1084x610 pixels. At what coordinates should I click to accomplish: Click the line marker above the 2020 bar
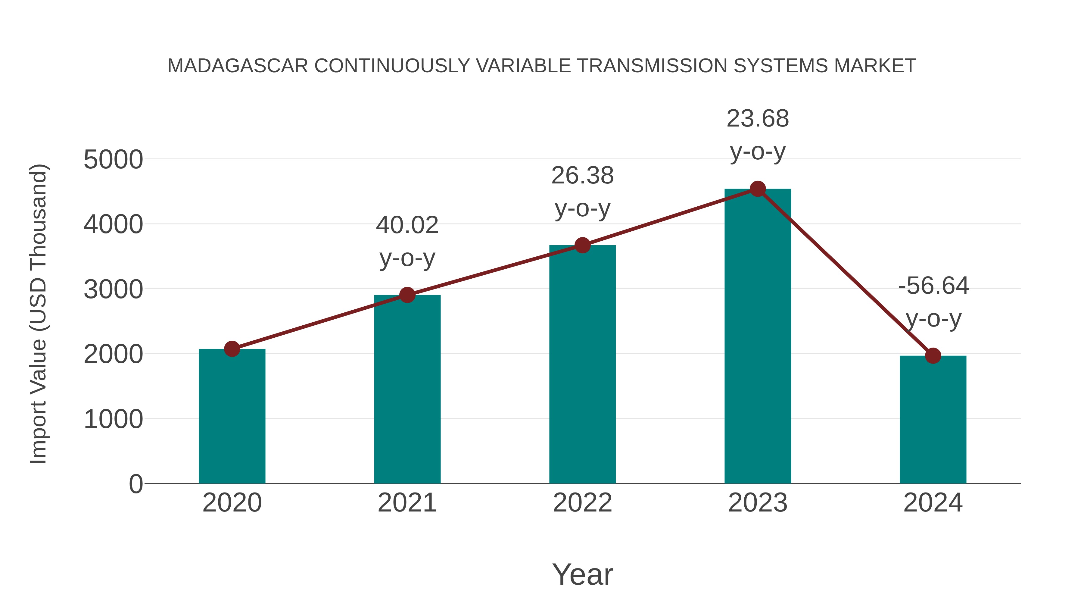[232, 349]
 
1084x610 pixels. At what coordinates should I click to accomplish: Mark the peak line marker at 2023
[758, 189]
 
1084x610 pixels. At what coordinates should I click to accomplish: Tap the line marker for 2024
[933, 356]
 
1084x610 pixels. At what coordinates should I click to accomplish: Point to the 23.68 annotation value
[758, 119]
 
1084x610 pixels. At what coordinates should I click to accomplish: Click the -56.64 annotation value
[933, 286]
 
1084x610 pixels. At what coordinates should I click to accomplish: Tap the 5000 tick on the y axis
[113, 160]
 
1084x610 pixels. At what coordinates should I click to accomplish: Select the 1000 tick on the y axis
[113, 419]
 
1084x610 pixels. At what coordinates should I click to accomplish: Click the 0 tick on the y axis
[135, 484]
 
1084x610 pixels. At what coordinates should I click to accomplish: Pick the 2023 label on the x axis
[758, 503]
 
